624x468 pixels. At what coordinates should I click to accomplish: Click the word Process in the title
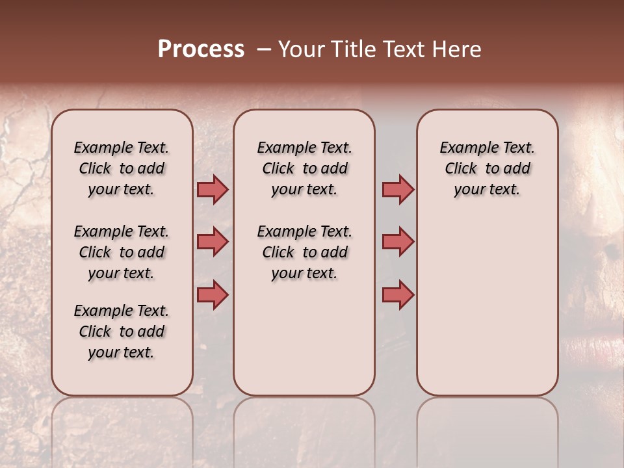click(x=201, y=49)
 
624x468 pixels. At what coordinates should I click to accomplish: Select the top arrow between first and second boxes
click(x=213, y=190)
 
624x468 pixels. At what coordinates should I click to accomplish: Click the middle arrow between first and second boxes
click(x=213, y=242)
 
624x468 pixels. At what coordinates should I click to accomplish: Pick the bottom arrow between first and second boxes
click(x=213, y=294)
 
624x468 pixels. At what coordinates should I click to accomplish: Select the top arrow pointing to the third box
click(x=398, y=190)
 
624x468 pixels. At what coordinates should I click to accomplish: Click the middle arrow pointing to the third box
click(x=398, y=242)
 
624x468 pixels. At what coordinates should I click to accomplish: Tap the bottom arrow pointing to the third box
click(x=398, y=294)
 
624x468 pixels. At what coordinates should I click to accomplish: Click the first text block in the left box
click(x=122, y=168)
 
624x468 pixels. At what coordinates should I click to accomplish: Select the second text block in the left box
click(x=122, y=252)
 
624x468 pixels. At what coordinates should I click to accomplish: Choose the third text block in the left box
click(x=122, y=331)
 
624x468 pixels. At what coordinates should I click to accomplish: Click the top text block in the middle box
click(x=304, y=168)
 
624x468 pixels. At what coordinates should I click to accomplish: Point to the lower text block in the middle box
click(x=304, y=252)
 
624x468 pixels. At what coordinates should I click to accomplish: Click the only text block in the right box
click(x=487, y=168)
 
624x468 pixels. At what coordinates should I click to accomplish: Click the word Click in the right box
click(x=461, y=169)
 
